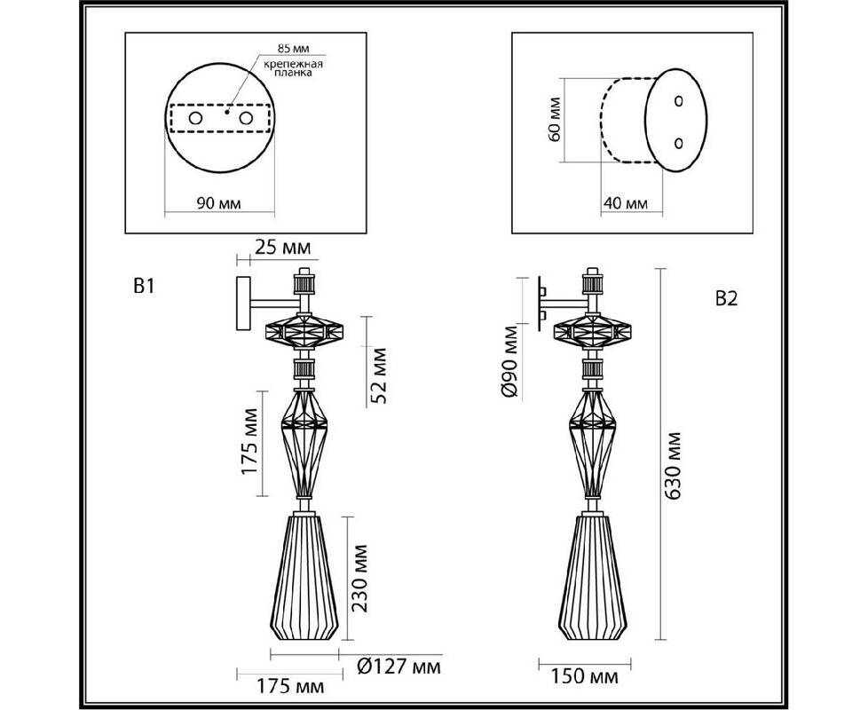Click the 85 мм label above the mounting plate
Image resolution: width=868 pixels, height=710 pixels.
coord(294,49)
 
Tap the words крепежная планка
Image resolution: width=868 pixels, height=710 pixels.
coord(293,68)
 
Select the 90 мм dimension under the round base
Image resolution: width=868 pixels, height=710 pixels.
coord(218,203)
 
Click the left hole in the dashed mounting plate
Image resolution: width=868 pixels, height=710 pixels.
coord(195,118)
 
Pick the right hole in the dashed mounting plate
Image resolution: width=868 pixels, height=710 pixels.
coord(246,118)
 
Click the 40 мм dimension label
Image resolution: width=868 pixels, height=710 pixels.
coord(625,203)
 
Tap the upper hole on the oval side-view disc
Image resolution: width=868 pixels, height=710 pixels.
coord(679,101)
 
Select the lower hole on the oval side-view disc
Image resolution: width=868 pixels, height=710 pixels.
coord(679,143)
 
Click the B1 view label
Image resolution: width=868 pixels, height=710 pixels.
coord(144,286)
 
